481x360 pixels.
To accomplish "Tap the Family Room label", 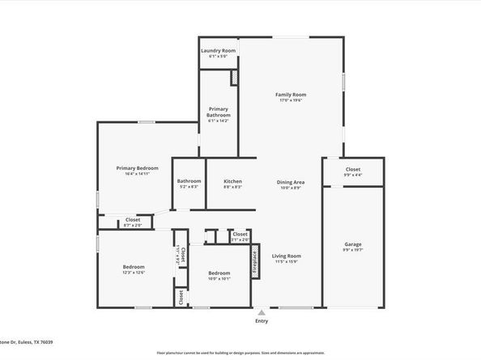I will coord(292,95).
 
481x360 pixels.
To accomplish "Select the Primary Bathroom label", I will coord(219,112).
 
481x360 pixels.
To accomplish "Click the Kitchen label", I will coord(233,181).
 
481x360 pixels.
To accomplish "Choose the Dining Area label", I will coord(292,182).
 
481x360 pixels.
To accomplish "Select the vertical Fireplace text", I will coord(253,263).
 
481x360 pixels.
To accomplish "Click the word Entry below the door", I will coord(261,321).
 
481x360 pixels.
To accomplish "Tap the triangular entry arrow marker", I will coord(261,311).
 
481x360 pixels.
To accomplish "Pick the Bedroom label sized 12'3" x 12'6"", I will coord(134,267).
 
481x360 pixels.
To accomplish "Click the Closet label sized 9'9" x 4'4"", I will coord(353,169).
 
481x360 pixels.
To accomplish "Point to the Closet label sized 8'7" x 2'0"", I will coord(133,220).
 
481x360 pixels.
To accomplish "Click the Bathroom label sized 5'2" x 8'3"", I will coord(189,181).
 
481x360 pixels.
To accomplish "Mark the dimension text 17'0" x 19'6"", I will coord(292,100).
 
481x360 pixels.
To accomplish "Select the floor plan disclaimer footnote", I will coord(240,354).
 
